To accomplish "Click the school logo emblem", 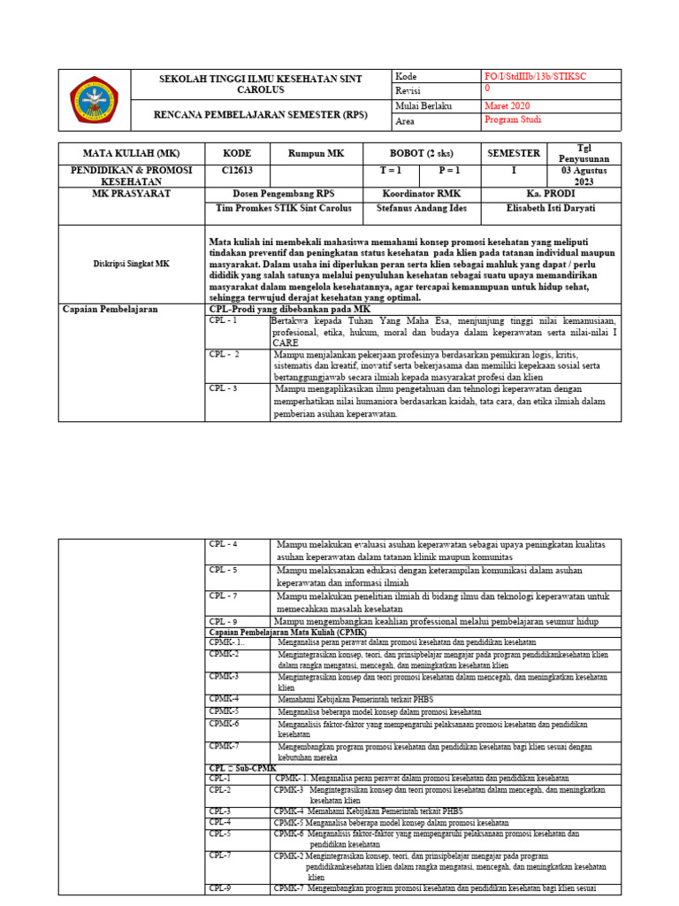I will (95, 99).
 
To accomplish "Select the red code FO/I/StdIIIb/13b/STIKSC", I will (536, 77).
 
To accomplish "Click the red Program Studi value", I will (513, 120).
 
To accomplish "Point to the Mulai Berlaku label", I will (424, 106).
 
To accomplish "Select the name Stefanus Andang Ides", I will (421, 209).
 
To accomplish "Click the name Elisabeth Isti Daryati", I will (538, 209).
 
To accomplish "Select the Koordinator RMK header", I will (421, 193).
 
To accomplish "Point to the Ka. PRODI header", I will (538, 193).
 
